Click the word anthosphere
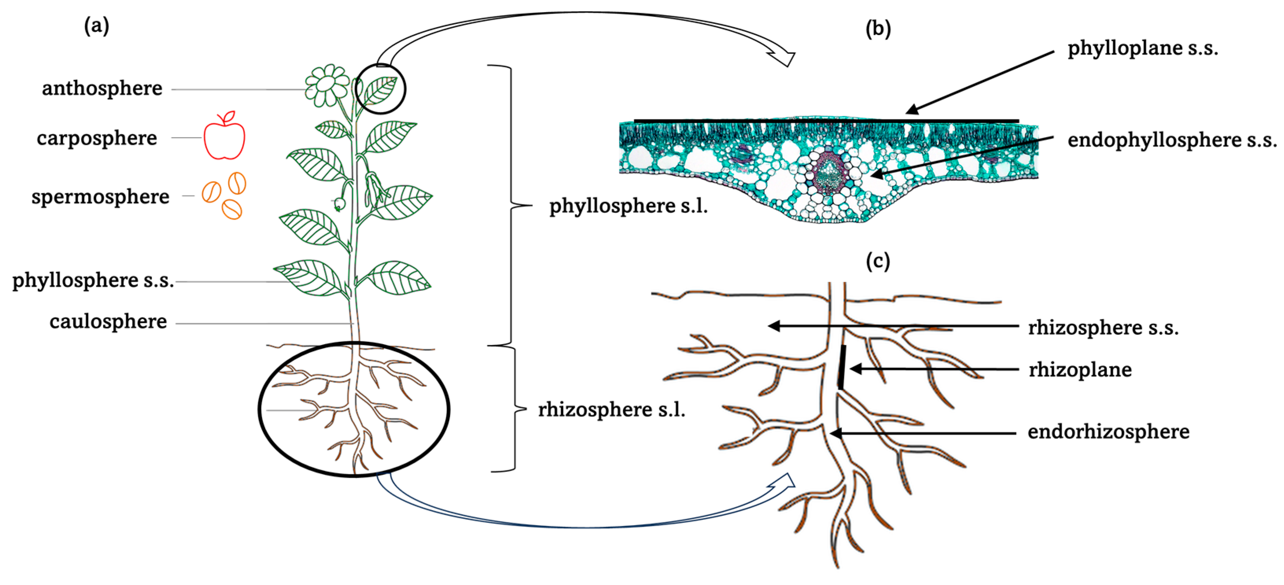[x=102, y=89]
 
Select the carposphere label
[x=97, y=138]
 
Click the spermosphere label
[x=100, y=197]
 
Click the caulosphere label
[x=108, y=322]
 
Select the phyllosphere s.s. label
[x=93, y=280]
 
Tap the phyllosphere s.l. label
[x=628, y=205]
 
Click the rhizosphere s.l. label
[x=612, y=409]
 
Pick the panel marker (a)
[x=96, y=26]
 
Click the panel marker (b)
[x=878, y=29]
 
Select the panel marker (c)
[x=878, y=261]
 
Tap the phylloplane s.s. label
[x=1142, y=48]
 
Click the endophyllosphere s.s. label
[x=1172, y=140]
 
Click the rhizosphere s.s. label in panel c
[x=1103, y=328]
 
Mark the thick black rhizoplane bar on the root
[x=842, y=367]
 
